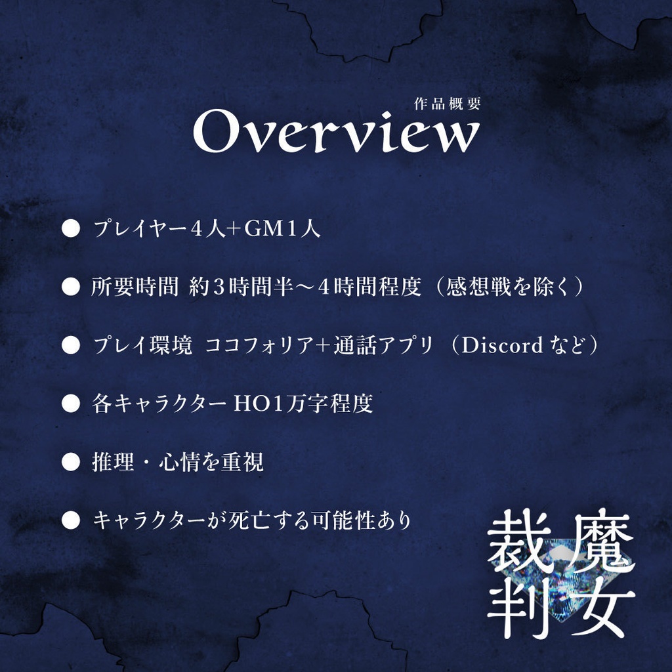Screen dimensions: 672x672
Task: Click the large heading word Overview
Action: (x=335, y=133)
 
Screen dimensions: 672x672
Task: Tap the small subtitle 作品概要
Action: (x=448, y=104)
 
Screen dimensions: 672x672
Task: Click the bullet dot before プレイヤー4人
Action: (x=70, y=229)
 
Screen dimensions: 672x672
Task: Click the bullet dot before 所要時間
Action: (x=70, y=287)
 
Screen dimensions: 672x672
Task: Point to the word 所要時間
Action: (x=135, y=287)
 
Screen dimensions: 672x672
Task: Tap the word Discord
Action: (x=502, y=345)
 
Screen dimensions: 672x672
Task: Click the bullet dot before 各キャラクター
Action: (x=70, y=404)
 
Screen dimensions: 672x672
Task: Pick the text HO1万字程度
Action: (x=303, y=404)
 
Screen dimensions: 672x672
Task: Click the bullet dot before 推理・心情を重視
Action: (x=70, y=462)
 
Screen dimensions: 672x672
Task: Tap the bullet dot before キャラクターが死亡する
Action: (x=70, y=520)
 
